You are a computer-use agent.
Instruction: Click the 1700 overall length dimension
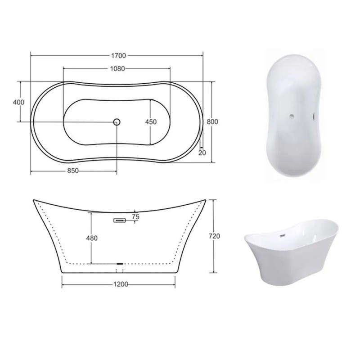coord(118,56)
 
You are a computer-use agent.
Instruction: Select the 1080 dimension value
coord(117,69)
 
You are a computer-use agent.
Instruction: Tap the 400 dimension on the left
coord(18,102)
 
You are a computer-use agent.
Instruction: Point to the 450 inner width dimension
coord(151,121)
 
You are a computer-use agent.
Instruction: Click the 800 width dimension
coord(212,121)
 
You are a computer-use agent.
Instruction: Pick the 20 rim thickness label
coord(202,153)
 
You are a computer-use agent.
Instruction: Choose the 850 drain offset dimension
coord(73,171)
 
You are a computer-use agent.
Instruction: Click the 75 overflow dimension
coord(136,216)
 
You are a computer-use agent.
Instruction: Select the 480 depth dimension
coord(92,238)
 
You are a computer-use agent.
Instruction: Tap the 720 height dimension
coord(215,236)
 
